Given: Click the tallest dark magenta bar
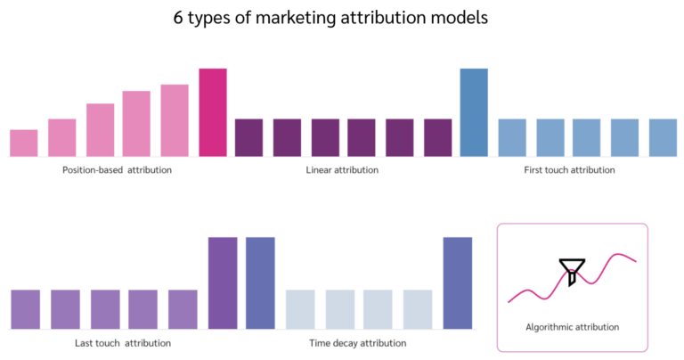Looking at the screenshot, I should pyautogui.click(x=213, y=112).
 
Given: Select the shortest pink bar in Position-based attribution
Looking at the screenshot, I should pyautogui.click(x=24, y=143).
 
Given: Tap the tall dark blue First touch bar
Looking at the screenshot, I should pyautogui.click(x=474, y=112).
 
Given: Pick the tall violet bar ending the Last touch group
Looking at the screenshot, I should pyautogui.click(x=223, y=282).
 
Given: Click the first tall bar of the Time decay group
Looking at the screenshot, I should pyautogui.click(x=260, y=282).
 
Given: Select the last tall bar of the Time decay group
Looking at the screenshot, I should pyautogui.click(x=458, y=282).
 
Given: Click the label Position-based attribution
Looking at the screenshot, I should pyautogui.click(x=117, y=169).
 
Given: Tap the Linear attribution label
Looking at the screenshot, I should pyautogui.click(x=342, y=169).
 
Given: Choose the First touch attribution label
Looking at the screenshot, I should pyautogui.click(x=568, y=169).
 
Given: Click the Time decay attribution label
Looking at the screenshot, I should pyautogui.click(x=357, y=342).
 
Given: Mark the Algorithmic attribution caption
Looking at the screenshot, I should pyautogui.click(x=572, y=327).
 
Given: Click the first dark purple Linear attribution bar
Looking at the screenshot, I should pyautogui.click(x=248, y=137).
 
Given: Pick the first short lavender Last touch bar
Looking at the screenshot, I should pyautogui.click(x=25, y=309).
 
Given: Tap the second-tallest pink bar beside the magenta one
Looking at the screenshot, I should pyautogui.click(x=175, y=120).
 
